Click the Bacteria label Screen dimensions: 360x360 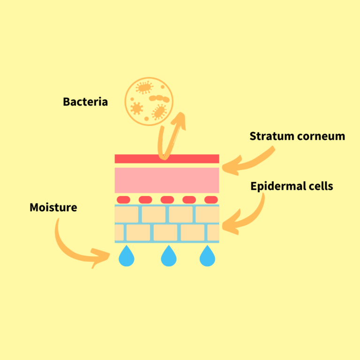85,101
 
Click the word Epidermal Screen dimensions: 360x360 275,186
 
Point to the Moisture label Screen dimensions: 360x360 53,207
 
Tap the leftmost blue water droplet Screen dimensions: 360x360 127,257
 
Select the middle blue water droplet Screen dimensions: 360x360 168,257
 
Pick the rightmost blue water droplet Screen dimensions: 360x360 207,257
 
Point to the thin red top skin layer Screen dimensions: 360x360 167,159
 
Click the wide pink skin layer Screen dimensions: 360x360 167,180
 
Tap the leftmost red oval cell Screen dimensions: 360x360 123,200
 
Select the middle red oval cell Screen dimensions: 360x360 167,200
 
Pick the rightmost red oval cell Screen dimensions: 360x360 211,200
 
